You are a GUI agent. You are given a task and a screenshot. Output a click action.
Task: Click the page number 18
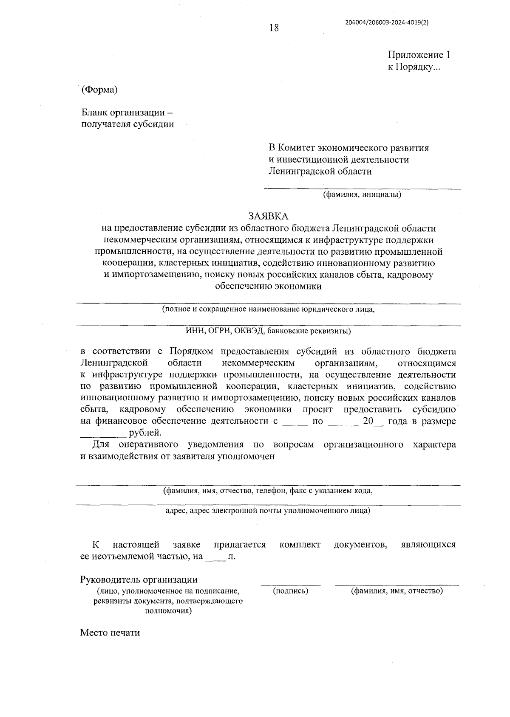(274, 28)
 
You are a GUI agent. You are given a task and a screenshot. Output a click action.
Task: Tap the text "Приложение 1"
(419, 55)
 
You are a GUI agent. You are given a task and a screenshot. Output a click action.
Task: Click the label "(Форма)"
(99, 90)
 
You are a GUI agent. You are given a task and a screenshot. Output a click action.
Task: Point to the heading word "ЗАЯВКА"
(268, 216)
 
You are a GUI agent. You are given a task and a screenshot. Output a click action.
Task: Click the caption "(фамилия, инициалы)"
(362, 195)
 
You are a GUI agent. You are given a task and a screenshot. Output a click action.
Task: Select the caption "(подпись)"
(290, 590)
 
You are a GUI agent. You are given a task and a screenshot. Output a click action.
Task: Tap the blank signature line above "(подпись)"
(291, 584)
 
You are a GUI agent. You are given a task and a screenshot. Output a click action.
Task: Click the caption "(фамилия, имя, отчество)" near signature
(397, 590)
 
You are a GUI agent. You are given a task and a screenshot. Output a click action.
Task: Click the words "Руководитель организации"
(139, 579)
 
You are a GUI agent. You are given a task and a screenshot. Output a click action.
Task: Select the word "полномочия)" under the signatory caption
(168, 611)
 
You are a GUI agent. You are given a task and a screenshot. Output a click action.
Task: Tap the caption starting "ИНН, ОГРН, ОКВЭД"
(268, 331)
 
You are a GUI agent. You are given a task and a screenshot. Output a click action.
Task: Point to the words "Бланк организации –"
(127, 113)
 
